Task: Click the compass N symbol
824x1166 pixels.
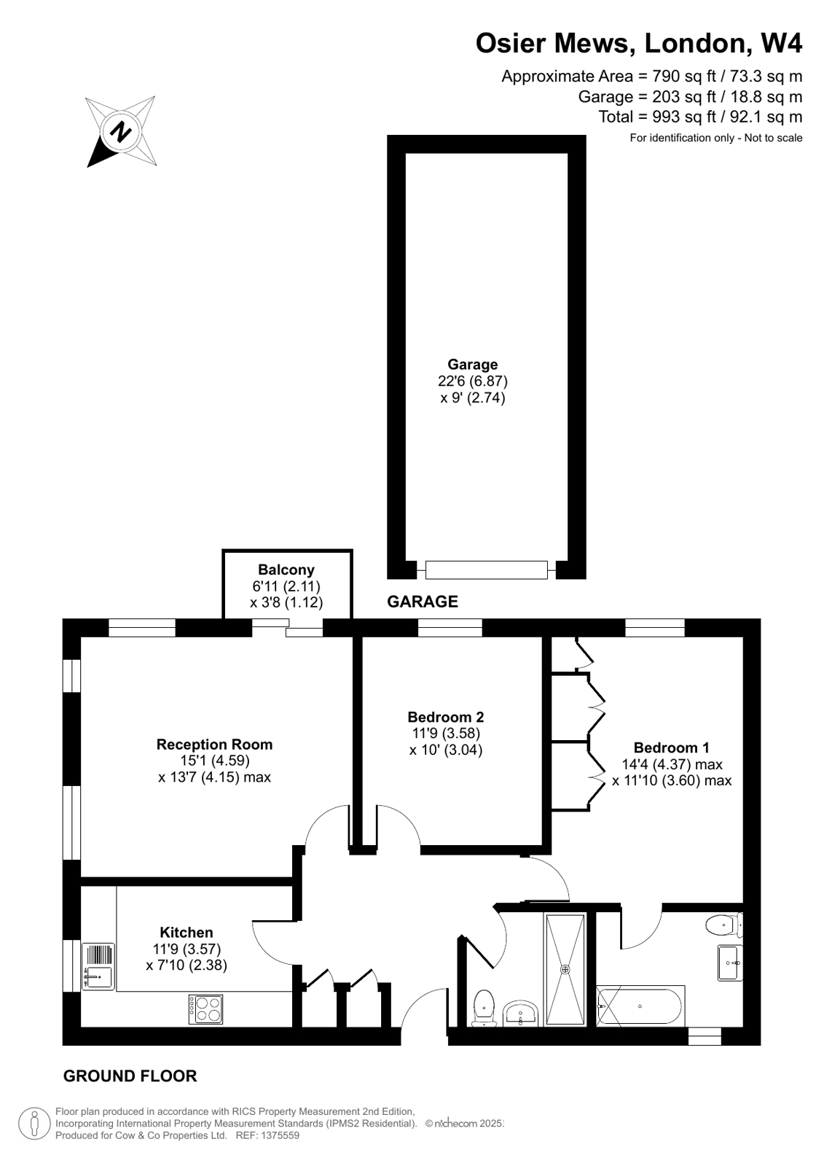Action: (x=120, y=131)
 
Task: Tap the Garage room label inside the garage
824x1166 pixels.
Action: (x=472, y=365)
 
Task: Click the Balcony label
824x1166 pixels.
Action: (x=286, y=570)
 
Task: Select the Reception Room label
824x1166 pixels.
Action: (x=214, y=745)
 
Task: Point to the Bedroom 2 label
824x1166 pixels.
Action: (x=445, y=718)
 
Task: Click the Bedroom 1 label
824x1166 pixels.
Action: (x=671, y=747)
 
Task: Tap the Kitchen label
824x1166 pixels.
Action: (x=187, y=933)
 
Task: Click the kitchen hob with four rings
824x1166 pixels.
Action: (x=205, y=1009)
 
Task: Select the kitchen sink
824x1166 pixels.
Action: (x=98, y=966)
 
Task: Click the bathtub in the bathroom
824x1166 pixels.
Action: (x=639, y=1006)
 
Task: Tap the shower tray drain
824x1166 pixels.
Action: (x=565, y=969)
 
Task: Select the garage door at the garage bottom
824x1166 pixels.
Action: (x=486, y=570)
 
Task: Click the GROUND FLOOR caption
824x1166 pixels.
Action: (x=130, y=1076)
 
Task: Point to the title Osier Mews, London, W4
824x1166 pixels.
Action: (x=638, y=44)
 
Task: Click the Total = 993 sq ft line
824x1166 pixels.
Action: (x=699, y=117)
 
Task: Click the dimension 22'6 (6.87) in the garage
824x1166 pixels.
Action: (x=472, y=381)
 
